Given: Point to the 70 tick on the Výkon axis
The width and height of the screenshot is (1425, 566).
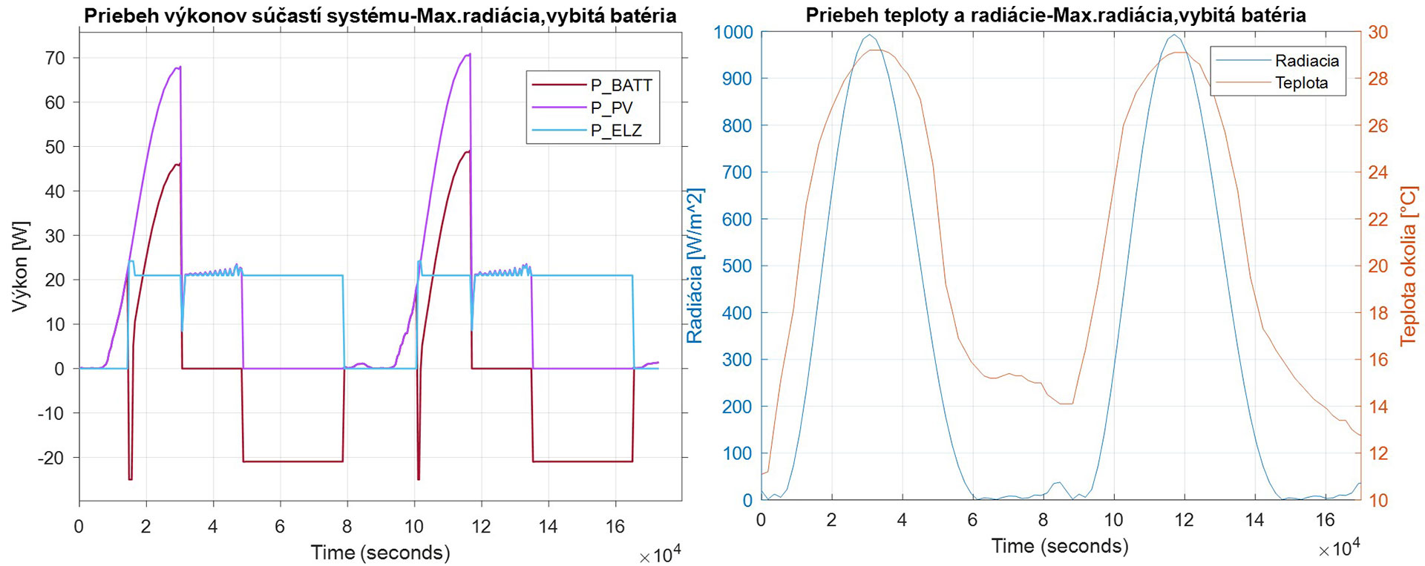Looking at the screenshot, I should coord(55,58).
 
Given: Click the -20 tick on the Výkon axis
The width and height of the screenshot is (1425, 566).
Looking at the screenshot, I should coord(51,458).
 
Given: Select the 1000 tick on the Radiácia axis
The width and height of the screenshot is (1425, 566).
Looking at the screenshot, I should coord(733,32).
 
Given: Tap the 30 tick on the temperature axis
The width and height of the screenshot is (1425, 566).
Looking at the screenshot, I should coord(1378,32).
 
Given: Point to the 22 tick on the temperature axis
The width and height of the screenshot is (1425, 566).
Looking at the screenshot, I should coord(1378,219).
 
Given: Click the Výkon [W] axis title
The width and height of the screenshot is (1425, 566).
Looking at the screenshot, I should coord(21,266).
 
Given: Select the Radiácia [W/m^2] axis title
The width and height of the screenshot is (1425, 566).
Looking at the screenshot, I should coord(695,266).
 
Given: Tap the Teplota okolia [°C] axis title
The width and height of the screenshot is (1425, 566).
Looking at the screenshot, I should coord(1408,266).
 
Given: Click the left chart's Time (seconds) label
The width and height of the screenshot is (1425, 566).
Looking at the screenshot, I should coord(380,553).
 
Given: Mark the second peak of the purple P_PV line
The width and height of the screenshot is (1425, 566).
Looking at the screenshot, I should coord(469,54).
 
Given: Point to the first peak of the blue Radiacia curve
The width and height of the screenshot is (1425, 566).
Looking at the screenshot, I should coord(870,35).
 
